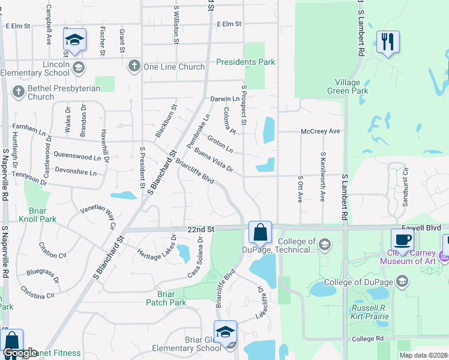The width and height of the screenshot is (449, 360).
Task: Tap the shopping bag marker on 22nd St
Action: click(x=261, y=232)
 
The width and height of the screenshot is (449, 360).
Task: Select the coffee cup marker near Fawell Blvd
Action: click(x=402, y=240)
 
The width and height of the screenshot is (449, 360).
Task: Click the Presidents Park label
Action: click(x=246, y=62)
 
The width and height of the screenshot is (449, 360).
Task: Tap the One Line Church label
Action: click(x=174, y=67)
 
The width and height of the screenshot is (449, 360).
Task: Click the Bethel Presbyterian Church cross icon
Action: click(x=18, y=92)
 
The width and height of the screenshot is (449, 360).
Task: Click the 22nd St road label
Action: click(x=200, y=230)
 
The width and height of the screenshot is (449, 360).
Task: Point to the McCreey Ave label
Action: click(x=321, y=131)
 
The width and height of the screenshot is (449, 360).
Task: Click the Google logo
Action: click(x=20, y=353)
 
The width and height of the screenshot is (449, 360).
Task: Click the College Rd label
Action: click(x=368, y=338)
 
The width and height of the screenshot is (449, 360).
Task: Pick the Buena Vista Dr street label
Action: click(x=214, y=159)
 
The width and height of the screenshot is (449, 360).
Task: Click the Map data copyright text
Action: click(x=423, y=355)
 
